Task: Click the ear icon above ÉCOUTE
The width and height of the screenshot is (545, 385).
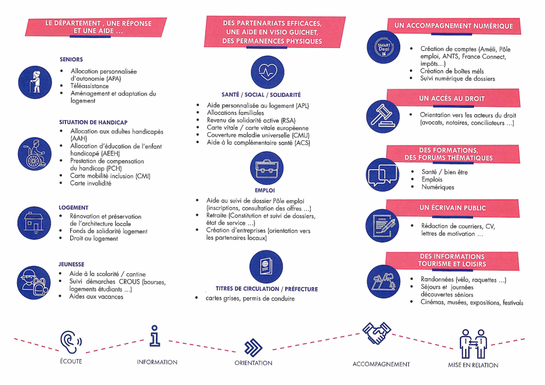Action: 71,342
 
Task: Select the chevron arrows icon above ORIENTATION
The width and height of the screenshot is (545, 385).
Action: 253,347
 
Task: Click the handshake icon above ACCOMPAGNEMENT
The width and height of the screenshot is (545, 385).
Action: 376,332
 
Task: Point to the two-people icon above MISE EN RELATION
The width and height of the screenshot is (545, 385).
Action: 473,344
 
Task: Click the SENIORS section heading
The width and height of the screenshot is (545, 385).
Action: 71,60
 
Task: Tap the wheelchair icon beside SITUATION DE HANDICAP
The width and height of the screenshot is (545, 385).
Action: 35,154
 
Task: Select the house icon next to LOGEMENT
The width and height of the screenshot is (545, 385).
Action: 34,223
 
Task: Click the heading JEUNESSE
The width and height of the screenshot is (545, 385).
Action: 71,264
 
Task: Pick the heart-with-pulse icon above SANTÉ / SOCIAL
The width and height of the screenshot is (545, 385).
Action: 267,72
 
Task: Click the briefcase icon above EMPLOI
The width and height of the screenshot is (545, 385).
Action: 267,169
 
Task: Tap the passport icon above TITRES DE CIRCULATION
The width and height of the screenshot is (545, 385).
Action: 266,266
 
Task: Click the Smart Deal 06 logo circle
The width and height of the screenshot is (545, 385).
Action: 383,47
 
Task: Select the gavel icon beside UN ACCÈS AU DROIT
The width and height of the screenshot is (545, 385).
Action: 383,116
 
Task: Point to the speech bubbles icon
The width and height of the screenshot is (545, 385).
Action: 382,174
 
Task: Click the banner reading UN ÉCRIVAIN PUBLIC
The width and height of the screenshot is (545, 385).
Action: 452,208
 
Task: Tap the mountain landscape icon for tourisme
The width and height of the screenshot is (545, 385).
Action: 383,281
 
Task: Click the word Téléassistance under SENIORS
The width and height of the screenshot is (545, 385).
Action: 89,86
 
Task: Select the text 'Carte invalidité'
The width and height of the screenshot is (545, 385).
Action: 90,183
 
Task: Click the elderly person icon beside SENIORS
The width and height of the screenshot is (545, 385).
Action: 35,82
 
